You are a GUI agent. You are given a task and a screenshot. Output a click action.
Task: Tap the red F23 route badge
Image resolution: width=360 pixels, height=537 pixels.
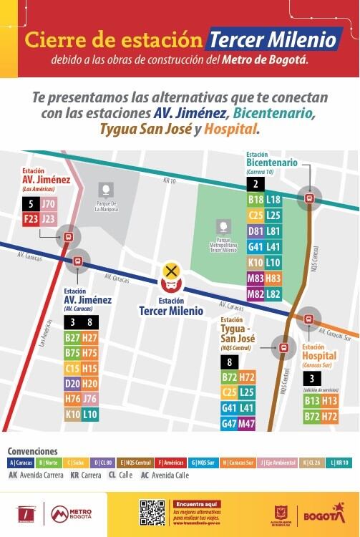[x=31, y=219]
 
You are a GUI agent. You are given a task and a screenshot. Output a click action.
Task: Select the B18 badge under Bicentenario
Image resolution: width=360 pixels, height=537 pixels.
[x=256, y=200]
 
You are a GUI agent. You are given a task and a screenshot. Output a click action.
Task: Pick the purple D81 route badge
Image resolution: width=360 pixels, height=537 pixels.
[x=256, y=231]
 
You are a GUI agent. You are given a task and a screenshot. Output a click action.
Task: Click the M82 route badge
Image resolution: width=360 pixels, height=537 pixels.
[x=256, y=294]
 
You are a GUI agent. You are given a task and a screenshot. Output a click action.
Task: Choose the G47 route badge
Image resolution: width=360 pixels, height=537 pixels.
[x=229, y=423]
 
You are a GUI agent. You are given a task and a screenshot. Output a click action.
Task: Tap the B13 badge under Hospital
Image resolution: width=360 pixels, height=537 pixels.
[x=312, y=401]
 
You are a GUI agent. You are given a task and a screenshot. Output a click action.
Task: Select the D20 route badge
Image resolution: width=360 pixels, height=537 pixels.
[x=72, y=383]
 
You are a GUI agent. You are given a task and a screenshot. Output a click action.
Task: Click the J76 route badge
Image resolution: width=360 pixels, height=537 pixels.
[x=89, y=399]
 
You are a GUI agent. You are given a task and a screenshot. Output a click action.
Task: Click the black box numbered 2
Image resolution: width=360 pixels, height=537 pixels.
[x=256, y=184]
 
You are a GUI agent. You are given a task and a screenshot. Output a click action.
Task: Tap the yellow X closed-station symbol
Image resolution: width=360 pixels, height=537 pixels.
[x=171, y=271]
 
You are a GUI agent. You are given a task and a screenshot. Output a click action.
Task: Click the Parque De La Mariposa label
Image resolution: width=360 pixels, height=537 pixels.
[x=106, y=208]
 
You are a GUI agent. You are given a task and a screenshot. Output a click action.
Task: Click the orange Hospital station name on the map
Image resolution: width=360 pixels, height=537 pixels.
[x=319, y=355]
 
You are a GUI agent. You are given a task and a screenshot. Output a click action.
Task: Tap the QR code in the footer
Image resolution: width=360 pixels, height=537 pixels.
[x=152, y=513]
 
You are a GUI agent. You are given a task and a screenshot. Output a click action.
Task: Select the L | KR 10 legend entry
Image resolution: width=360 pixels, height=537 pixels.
[x=339, y=463]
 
